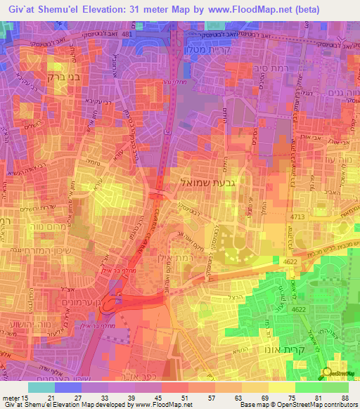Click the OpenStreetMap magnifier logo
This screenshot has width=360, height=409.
(x=326, y=373)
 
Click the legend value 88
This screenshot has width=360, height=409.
(x=345, y=398)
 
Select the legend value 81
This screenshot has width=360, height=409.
(x=319, y=398)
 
